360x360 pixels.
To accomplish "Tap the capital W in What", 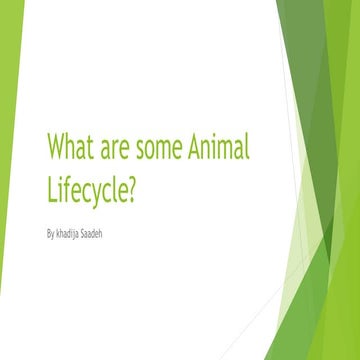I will pos(56,149).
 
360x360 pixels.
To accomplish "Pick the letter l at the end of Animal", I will pos(247,148).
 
